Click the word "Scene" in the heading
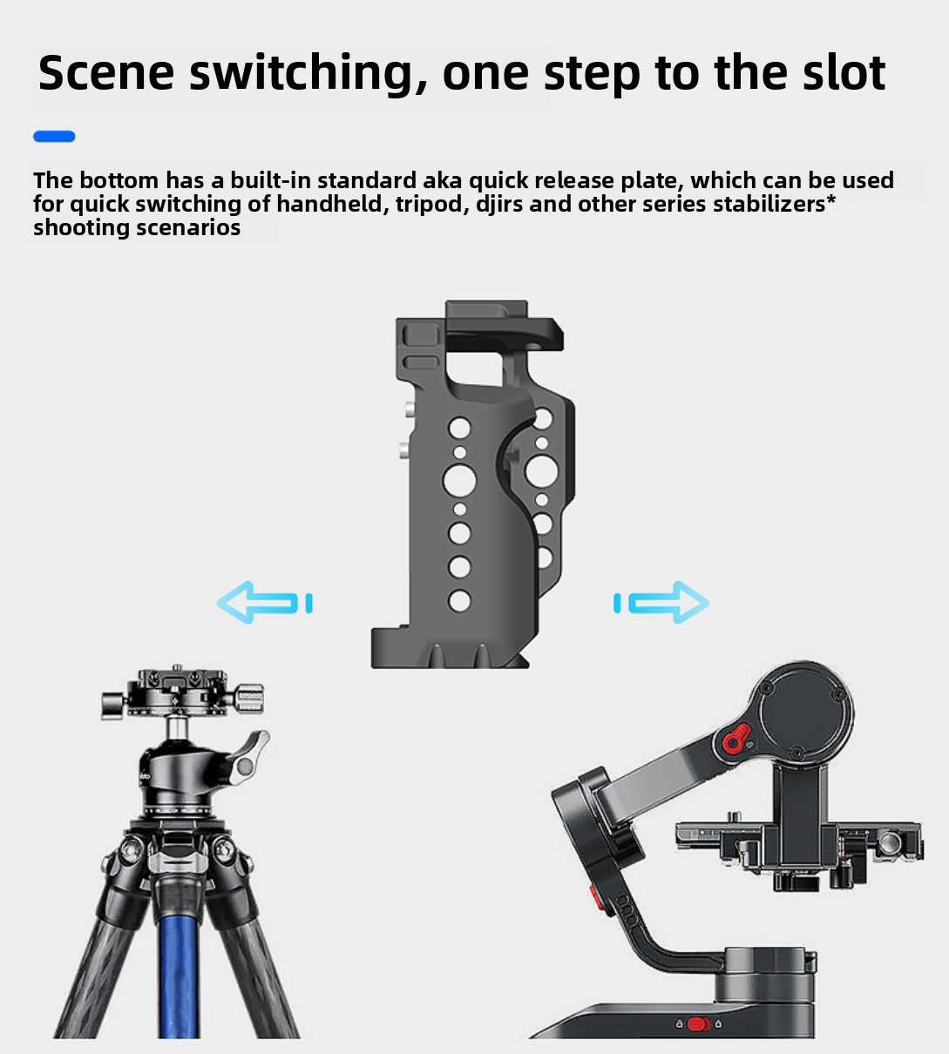(x=106, y=72)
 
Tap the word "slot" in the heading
(x=844, y=72)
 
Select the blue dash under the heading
(x=54, y=137)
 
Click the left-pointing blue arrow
(x=264, y=603)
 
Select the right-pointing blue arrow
(x=661, y=603)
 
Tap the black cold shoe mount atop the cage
(x=504, y=326)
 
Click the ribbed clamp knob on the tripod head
(x=248, y=698)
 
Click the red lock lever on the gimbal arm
(x=736, y=738)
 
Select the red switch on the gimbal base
(x=698, y=1024)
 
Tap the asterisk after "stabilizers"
(x=830, y=199)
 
